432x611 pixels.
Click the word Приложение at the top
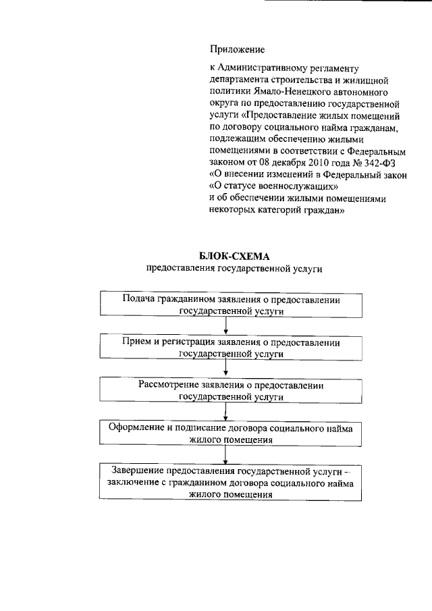click(x=237, y=49)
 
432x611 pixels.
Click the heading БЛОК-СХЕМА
click(x=234, y=256)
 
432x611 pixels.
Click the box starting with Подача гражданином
click(x=231, y=304)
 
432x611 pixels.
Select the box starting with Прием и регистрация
click(x=231, y=347)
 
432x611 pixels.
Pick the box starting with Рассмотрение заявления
click(x=231, y=390)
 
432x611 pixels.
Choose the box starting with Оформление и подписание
click(x=231, y=433)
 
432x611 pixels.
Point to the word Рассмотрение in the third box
click(x=167, y=385)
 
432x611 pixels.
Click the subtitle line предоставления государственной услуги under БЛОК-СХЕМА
click(x=234, y=269)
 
